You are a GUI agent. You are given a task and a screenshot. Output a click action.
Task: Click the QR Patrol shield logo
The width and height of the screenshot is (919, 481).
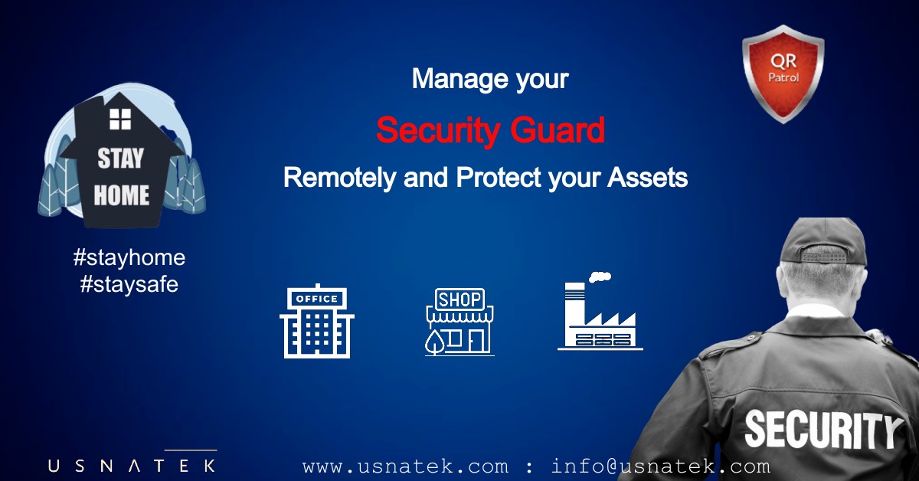(783, 74)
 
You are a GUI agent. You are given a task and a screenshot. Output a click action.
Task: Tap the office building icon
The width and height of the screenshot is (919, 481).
(317, 321)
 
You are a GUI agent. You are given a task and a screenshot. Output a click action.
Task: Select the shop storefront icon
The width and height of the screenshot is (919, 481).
(459, 322)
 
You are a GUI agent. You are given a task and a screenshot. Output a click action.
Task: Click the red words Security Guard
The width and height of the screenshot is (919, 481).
(491, 130)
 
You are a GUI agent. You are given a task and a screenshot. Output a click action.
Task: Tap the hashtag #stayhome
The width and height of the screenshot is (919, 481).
(129, 258)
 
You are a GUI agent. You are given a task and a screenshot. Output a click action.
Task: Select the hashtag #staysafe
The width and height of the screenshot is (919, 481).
(129, 284)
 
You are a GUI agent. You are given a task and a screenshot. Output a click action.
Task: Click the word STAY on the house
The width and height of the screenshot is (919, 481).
(121, 159)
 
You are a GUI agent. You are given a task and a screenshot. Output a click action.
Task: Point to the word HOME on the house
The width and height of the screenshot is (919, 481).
(121, 195)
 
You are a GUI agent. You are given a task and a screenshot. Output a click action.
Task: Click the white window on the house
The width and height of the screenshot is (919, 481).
(120, 119)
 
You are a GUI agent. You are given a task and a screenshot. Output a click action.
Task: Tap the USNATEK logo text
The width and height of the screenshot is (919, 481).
(132, 466)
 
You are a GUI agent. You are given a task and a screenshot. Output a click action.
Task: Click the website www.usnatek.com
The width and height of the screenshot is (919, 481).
(405, 466)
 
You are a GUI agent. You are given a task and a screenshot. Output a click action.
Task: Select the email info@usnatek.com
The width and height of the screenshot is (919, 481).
(660, 466)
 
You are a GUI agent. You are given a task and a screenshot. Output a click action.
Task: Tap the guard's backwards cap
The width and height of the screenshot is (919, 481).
(824, 241)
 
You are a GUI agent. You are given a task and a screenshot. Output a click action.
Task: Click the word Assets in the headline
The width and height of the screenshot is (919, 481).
(647, 178)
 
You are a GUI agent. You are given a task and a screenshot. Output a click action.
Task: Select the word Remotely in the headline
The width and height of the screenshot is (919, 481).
(340, 178)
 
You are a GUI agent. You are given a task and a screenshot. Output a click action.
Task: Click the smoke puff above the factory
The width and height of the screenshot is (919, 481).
(600, 277)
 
